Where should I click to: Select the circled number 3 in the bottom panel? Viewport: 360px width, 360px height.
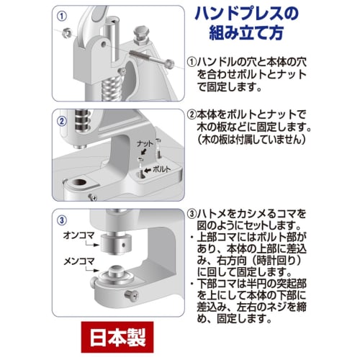[x=62, y=218]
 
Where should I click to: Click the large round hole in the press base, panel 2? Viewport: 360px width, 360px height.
[x=78, y=184]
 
